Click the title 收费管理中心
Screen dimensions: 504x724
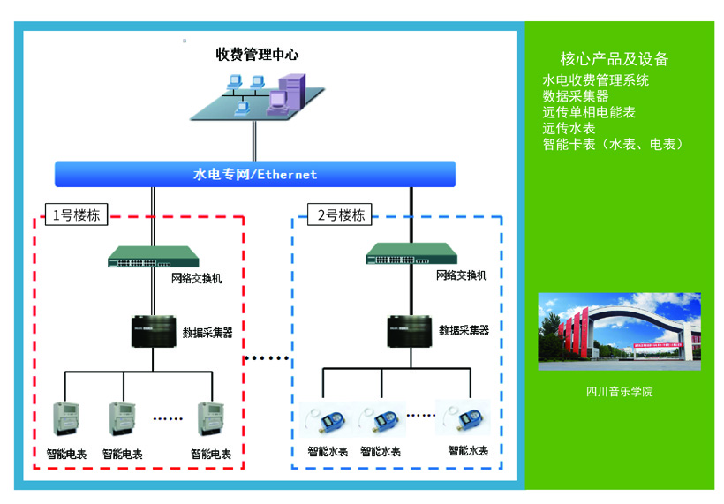[x=257, y=55]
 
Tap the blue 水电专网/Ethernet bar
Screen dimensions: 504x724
[x=255, y=174]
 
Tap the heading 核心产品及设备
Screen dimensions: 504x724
[x=615, y=59]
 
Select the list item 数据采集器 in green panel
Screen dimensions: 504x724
[x=576, y=96]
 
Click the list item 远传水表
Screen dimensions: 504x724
[x=569, y=128]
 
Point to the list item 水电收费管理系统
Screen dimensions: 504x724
[x=596, y=80]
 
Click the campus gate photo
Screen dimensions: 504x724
[x=619, y=331]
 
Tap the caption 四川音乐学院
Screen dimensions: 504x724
[x=619, y=391]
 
